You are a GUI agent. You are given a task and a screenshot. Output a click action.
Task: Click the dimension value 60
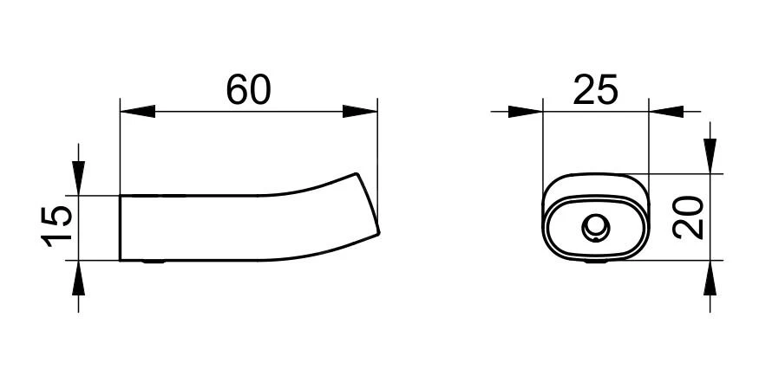(x=248, y=90)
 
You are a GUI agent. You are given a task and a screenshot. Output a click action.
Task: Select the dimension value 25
(x=595, y=90)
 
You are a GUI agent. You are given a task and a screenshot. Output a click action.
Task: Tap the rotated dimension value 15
(x=56, y=227)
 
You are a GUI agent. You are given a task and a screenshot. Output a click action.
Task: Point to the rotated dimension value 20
(x=689, y=217)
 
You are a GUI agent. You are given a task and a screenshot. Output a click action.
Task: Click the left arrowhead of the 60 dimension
(x=137, y=112)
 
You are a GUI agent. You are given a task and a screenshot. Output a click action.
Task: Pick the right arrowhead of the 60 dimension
(x=360, y=112)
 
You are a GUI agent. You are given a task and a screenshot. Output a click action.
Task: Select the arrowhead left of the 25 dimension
(x=526, y=112)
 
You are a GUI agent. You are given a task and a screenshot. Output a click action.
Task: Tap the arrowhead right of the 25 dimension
(x=666, y=112)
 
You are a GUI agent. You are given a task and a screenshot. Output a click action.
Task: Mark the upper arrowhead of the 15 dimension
(x=78, y=178)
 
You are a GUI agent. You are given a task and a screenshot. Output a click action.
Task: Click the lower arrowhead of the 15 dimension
(x=78, y=278)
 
